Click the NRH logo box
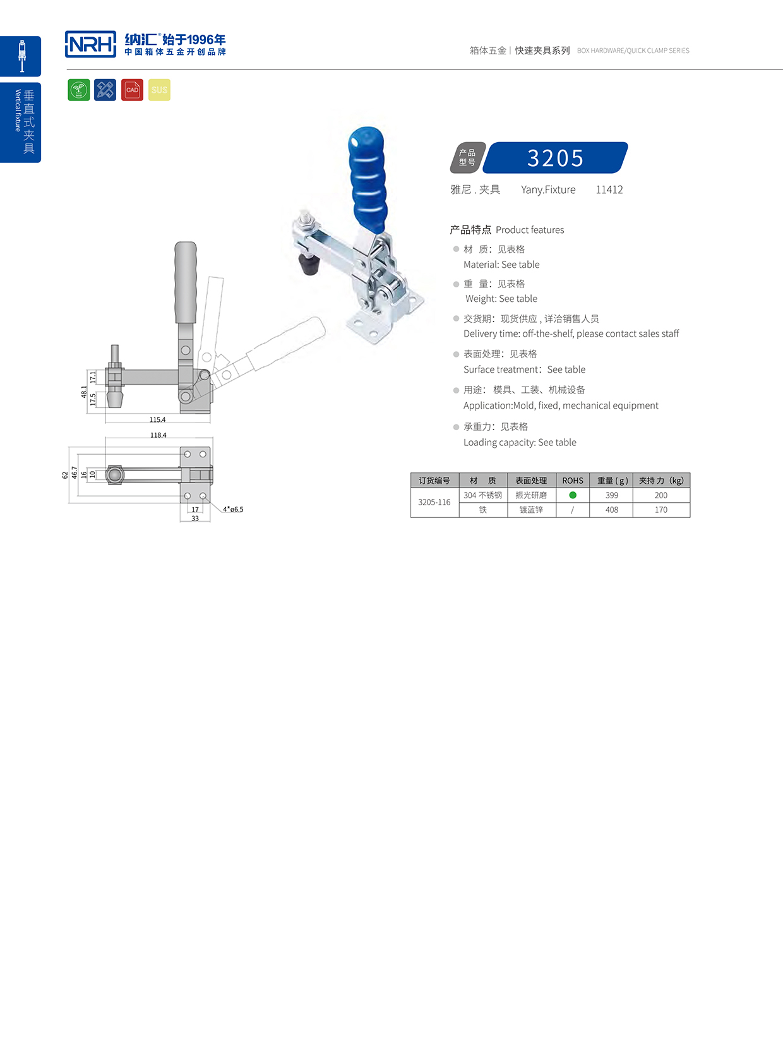pos(90,44)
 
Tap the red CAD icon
pos(132,90)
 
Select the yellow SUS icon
pos(159,90)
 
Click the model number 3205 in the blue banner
pos(555,158)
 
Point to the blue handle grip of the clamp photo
pos(368,176)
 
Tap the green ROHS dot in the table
pos(573,495)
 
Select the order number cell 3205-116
pos(434,502)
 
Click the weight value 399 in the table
pos(611,495)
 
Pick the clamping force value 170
pos(660,510)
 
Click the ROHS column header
pos(573,481)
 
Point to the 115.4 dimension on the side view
pos(157,419)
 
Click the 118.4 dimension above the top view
pos(158,435)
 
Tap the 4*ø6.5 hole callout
pos(233,509)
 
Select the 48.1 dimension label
pos(84,392)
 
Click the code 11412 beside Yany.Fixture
pos(609,189)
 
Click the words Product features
pos(530,230)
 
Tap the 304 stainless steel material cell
pos(483,495)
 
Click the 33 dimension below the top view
pos(195,519)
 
